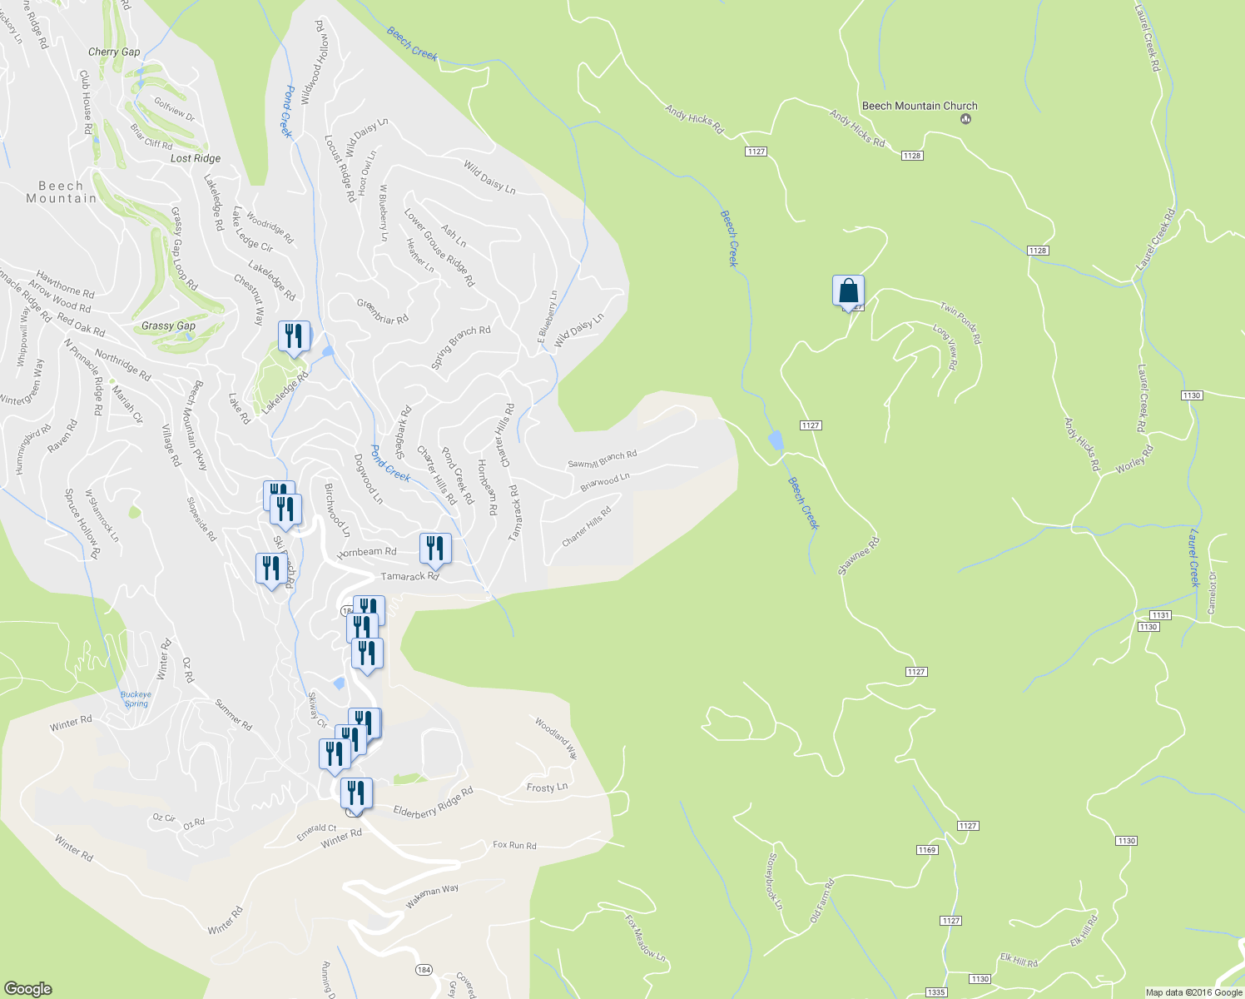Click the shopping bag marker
[x=848, y=292]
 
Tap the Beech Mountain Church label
[x=920, y=106]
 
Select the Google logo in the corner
[x=27, y=988]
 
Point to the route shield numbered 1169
[x=927, y=850]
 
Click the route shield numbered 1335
[x=936, y=992]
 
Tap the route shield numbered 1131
[x=1161, y=615]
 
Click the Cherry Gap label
[x=114, y=52]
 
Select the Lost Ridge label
[x=196, y=158]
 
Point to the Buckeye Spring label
[x=136, y=699]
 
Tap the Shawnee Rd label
[x=858, y=555]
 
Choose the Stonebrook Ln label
[x=774, y=880]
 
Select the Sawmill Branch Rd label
[x=602, y=459]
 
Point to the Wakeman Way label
[x=432, y=896]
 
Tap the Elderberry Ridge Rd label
[x=433, y=802]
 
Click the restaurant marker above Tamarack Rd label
[x=435, y=548]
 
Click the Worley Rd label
[x=1134, y=460]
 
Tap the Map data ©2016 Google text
[x=1193, y=992]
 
